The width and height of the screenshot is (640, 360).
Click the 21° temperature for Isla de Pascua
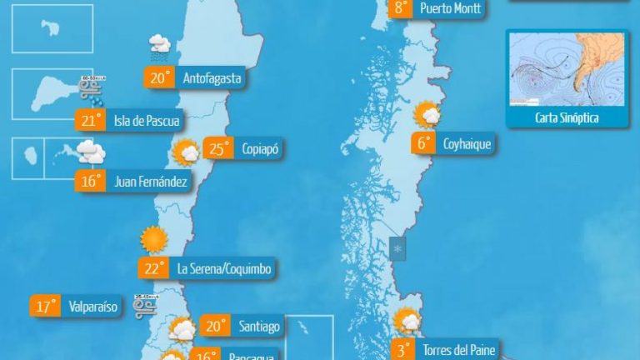pos(88,122)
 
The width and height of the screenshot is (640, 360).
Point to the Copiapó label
pos(259,149)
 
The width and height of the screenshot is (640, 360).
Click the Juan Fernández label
pos(149,181)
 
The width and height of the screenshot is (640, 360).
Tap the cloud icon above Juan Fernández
pos(91,152)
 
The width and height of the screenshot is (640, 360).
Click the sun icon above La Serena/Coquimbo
pos(154,240)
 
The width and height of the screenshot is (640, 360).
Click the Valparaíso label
pos(94,307)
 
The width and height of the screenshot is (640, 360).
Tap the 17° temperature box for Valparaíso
pos(45,307)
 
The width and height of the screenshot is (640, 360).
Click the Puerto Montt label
pos(450,8)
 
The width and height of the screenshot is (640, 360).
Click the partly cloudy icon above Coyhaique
pos(428,115)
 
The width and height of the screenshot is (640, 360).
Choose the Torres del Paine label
pos(458,350)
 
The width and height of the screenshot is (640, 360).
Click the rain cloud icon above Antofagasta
pos(159,47)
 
